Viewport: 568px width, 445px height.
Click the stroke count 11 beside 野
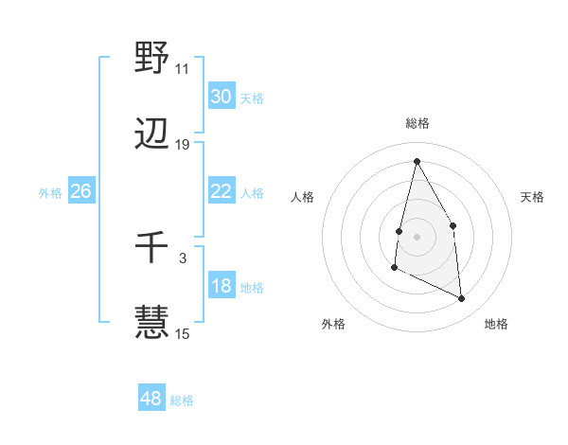click(182, 68)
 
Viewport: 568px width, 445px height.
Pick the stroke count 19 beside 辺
click(183, 145)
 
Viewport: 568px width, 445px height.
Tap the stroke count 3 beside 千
click(182, 257)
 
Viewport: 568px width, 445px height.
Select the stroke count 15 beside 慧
click(183, 333)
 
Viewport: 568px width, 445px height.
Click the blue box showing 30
click(222, 97)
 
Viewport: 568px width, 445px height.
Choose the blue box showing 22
click(222, 191)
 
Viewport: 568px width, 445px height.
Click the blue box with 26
click(80, 191)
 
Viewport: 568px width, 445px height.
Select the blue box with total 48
click(151, 399)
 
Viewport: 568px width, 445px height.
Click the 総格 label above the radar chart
click(417, 123)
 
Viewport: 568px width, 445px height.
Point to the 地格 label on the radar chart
click(496, 325)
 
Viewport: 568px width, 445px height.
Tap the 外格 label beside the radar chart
click(333, 325)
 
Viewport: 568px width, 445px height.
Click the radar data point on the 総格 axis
click(417, 160)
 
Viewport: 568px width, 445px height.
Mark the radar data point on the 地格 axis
click(462, 298)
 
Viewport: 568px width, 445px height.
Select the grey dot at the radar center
click(417, 236)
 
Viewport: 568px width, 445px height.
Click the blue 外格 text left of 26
click(50, 192)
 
